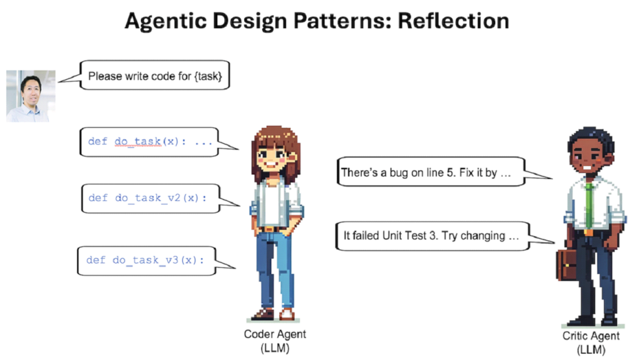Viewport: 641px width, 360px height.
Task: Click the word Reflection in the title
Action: [x=453, y=21]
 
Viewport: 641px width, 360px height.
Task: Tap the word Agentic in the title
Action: [x=165, y=21]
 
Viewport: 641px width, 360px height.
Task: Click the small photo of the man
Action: [x=31, y=96]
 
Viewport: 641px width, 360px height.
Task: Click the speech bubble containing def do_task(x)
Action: [x=149, y=142]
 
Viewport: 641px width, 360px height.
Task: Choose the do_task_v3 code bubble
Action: [x=146, y=260]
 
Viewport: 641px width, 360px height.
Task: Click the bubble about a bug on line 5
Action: [x=431, y=172]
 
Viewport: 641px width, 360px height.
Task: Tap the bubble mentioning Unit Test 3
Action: [x=433, y=236]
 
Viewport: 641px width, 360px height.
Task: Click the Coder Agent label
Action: [x=275, y=334]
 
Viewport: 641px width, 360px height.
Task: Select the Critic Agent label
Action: [x=591, y=336]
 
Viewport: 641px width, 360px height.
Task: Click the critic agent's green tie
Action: [x=588, y=205]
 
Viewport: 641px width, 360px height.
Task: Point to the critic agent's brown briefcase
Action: [x=567, y=265]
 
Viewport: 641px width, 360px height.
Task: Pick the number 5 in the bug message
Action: [x=451, y=173]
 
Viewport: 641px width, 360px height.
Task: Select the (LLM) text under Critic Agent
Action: [x=591, y=350]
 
